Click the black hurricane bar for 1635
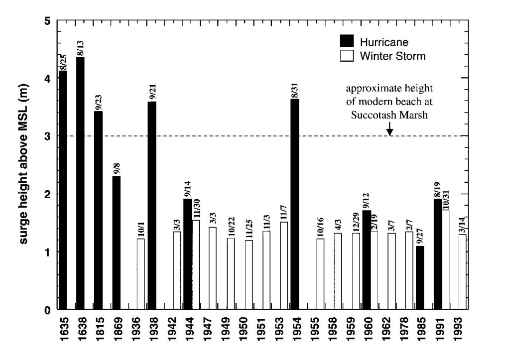click(x=63, y=190)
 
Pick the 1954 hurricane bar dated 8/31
click(x=295, y=204)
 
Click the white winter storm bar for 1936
click(x=140, y=274)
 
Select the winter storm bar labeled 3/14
click(x=462, y=271)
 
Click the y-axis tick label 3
click(x=47, y=136)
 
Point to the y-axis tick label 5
click(x=47, y=21)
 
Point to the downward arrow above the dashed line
click(x=390, y=130)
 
